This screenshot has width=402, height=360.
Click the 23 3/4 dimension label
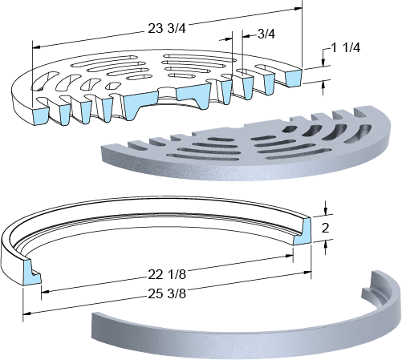[x=167, y=28]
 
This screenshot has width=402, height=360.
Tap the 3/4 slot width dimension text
[x=266, y=34]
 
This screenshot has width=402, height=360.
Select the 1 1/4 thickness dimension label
[x=345, y=48]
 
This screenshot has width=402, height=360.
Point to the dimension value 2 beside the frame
[x=325, y=228]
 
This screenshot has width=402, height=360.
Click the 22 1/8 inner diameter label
[x=167, y=274]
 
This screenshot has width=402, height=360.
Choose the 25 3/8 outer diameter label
[x=167, y=293]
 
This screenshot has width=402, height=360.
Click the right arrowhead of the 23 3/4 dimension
[x=298, y=9]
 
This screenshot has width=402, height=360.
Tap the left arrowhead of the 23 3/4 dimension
[x=36, y=47]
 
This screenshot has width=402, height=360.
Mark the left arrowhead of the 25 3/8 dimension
[x=27, y=313]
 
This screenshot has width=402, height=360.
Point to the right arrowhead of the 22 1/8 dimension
[x=290, y=256]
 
